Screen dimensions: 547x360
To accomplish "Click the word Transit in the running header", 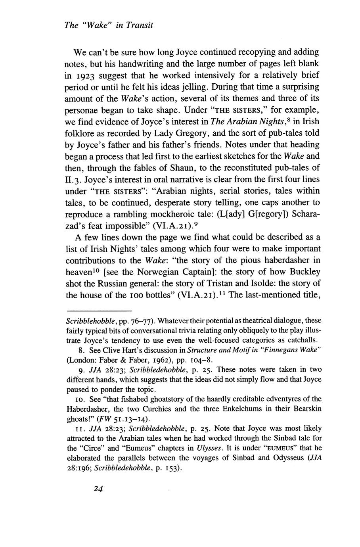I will coord(138,25).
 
